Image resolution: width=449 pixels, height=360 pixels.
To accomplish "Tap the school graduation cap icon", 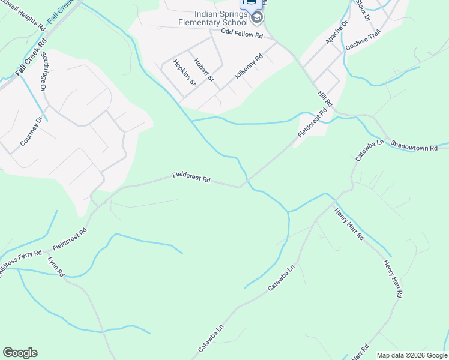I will click(257, 17).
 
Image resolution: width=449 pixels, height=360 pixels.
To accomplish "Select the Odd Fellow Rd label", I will click(242, 36).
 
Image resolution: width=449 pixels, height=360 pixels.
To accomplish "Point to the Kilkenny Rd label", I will click(249, 67).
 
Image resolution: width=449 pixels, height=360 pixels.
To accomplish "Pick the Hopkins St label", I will click(184, 72).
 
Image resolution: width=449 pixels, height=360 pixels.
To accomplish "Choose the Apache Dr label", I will click(336, 32).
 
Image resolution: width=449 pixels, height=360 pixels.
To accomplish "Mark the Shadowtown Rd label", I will click(414, 146).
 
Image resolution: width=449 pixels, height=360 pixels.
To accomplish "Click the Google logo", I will click(20, 353).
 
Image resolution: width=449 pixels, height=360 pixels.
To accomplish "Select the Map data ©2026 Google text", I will click(411, 355).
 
